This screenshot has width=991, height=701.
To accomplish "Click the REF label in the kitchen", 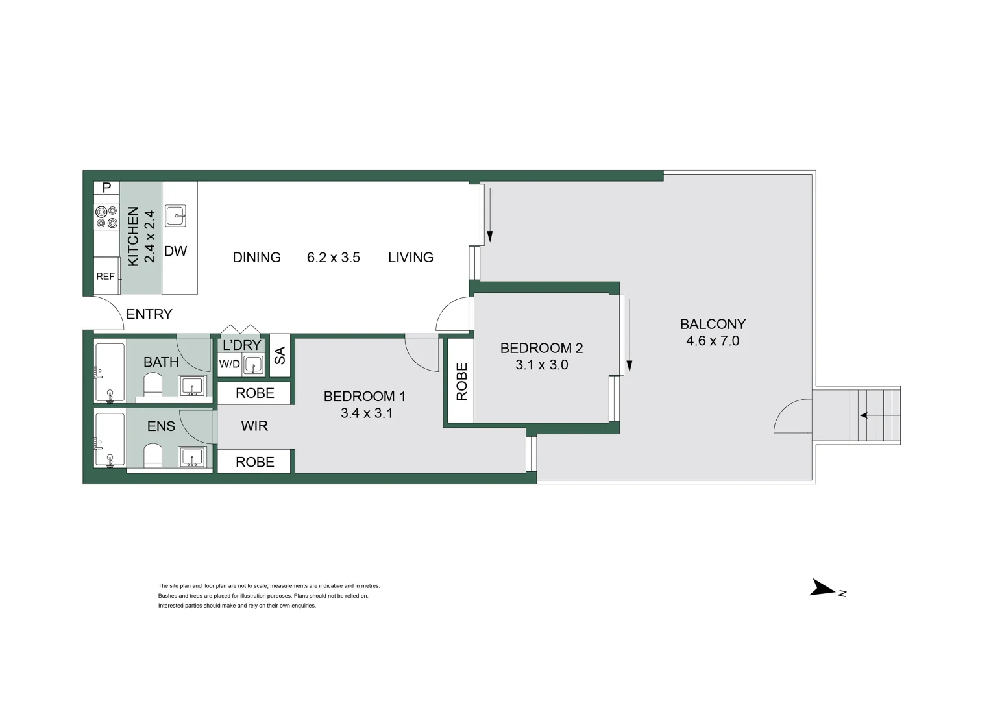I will pyautogui.click(x=105, y=277).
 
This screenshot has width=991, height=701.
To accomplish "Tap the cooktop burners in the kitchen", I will pyautogui.click(x=106, y=217).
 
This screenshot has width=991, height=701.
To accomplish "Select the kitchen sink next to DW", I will pyautogui.click(x=176, y=215).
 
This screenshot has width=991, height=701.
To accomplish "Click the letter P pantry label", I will pyautogui.click(x=107, y=188).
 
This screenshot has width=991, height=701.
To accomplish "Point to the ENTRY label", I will pyautogui.click(x=149, y=314).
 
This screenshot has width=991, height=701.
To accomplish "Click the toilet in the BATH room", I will pyautogui.click(x=153, y=387).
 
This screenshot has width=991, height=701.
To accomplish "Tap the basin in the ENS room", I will pyautogui.click(x=192, y=457).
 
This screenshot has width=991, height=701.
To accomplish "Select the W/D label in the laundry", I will pyautogui.click(x=229, y=364).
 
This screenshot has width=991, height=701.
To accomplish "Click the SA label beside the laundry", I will pyautogui.click(x=280, y=355).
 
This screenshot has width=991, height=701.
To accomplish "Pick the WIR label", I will pyautogui.click(x=254, y=426).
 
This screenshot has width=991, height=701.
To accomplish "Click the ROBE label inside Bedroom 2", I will pyautogui.click(x=461, y=381).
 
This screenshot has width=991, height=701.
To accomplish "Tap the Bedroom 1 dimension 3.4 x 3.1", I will pyautogui.click(x=367, y=413).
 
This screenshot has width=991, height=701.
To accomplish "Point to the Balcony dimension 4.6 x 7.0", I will pyautogui.click(x=713, y=341).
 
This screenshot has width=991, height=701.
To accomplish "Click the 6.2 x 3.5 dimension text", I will pyautogui.click(x=334, y=258).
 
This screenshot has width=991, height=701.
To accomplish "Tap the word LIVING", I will pyautogui.click(x=411, y=258).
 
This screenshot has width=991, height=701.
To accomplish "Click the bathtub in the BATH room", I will pyautogui.click(x=110, y=373).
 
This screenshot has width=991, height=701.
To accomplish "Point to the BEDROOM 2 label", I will pyautogui.click(x=541, y=348).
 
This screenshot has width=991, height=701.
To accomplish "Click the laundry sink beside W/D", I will pyautogui.click(x=254, y=365).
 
